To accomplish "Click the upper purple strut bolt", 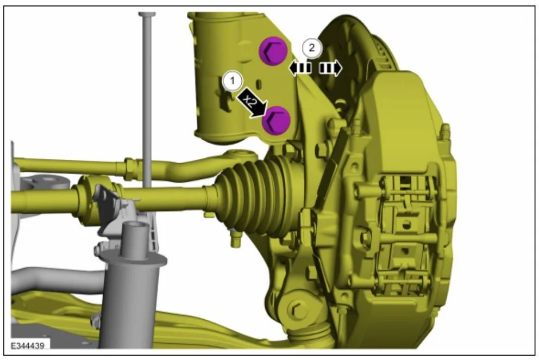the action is (273, 51).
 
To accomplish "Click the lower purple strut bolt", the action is (276, 120).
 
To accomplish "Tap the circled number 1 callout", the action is (233, 81).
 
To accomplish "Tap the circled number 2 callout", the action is (312, 47).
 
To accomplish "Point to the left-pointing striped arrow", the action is (300, 68).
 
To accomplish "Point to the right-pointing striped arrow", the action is (330, 68).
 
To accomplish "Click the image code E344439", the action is (28, 345).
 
